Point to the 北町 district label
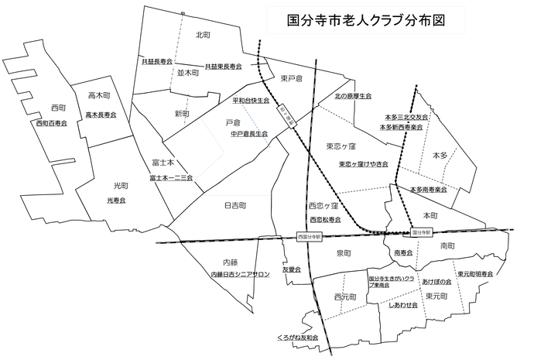click(204, 35)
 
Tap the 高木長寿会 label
click(101, 115)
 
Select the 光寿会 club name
click(116, 201)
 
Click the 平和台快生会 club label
click(251, 101)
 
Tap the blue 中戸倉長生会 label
click(248, 134)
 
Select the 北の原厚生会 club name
click(353, 96)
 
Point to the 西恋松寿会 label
click(323, 220)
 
